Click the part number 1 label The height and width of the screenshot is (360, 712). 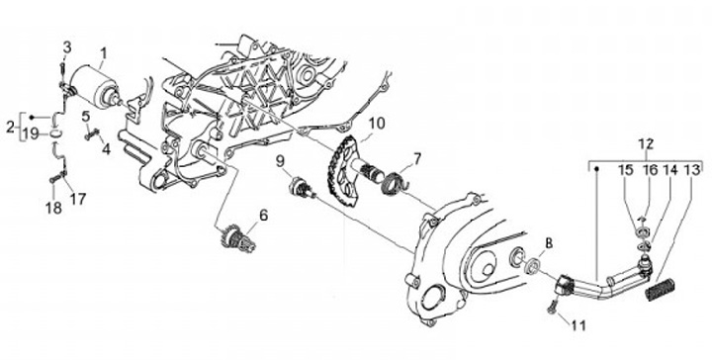pos(103,54)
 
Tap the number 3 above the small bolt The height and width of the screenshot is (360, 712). pos(67,47)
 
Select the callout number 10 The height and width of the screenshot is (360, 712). pos(377,123)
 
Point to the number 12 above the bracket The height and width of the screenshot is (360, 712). pos(645,144)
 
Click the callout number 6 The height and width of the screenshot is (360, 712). pos(263,215)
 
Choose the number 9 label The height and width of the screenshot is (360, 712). pos(280,160)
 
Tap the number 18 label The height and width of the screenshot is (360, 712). pos(53,209)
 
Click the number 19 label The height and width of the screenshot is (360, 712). pos(32,134)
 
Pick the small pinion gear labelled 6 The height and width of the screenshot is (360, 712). pos(238,239)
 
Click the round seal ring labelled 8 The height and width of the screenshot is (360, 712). pos(532,266)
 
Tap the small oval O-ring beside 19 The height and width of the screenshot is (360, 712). pos(55,134)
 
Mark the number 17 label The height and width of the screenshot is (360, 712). pos(78,198)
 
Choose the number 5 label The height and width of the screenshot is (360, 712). pos(86,117)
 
